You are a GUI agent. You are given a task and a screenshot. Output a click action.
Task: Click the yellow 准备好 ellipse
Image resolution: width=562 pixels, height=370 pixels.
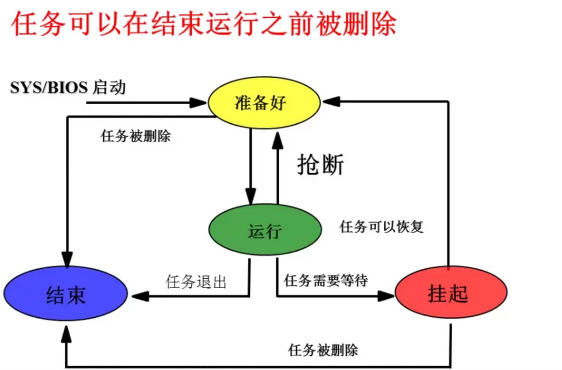tap(264, 104)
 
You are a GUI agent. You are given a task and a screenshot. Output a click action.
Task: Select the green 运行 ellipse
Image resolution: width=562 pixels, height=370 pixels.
tap(265, 230)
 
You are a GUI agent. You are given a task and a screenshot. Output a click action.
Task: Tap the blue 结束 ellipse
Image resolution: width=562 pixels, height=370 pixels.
tap(65, 295)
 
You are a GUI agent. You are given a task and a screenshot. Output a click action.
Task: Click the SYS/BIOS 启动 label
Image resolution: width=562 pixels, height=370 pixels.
tap(68, 88)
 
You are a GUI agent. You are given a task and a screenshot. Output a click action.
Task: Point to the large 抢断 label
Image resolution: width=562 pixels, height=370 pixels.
tap(321, 165)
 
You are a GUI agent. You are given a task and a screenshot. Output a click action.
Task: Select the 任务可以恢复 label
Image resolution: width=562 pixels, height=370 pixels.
tap(382, 227)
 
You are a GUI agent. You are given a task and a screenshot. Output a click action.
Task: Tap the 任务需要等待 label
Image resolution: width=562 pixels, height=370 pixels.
tap(326, 281)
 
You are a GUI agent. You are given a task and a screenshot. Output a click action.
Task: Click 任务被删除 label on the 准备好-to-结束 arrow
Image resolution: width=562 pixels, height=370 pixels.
tap(136, 136)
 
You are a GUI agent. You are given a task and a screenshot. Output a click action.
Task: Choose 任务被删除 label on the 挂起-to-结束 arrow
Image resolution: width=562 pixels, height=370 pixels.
tap(323, 350)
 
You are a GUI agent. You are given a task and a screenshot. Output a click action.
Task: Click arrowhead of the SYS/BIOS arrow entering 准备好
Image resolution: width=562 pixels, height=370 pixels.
tap(200, 103)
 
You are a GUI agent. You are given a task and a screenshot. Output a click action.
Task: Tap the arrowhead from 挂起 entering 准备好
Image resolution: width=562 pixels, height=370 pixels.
tap(330, 102)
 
